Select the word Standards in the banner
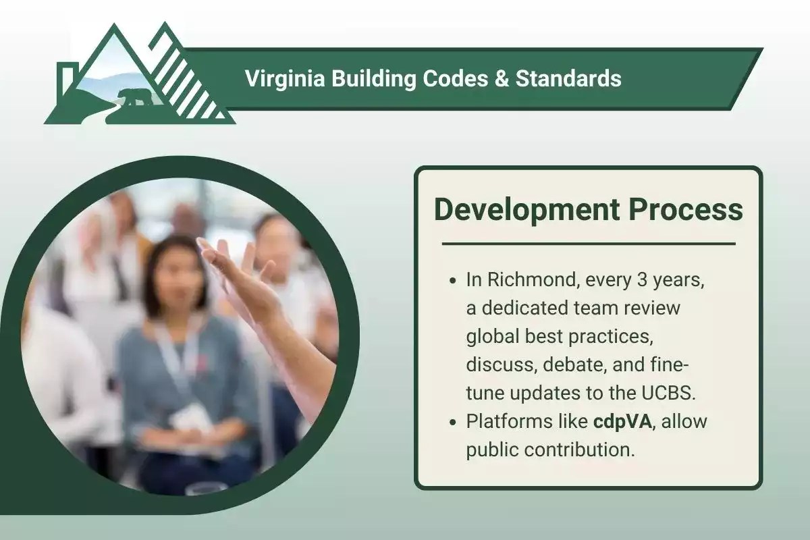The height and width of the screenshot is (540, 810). [568, 79]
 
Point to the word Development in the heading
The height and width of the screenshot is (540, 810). [524, 211]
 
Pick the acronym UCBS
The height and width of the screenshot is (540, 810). [668, 393]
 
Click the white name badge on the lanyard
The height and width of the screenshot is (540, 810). [191, 418]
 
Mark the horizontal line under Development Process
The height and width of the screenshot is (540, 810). [588, 244]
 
